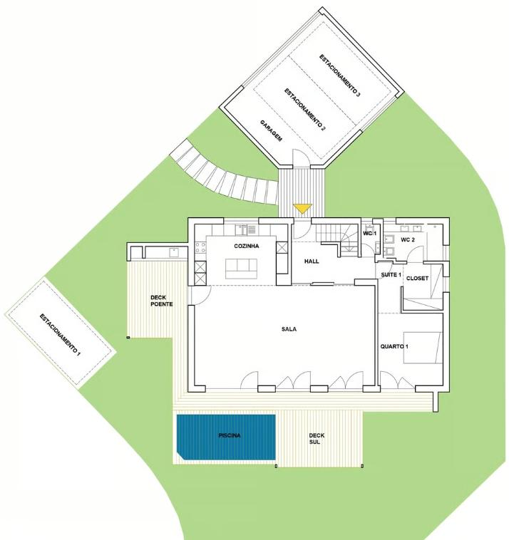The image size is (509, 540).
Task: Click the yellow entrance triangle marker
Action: point(302,208)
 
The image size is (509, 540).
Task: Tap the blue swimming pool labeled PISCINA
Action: point(226,437)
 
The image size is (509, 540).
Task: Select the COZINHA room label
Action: point(247,246)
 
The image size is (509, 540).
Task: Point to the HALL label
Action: point(312,261)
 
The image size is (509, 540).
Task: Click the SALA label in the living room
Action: point(289,329)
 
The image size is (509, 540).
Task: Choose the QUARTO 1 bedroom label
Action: point(394,346)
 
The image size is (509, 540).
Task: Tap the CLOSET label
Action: point(417,279)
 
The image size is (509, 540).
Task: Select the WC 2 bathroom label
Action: point(408,239)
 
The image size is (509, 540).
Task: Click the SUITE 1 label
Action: point(391,275)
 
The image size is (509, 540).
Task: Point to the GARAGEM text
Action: point(271,131)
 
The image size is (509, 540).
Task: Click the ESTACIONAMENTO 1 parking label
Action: point(60,335)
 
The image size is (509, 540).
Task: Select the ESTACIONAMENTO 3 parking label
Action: point(339,76)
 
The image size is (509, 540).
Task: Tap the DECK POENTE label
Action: point(162,301)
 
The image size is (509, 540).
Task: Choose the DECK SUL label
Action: point(317,438)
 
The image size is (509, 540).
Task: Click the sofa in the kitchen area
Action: point(241,269)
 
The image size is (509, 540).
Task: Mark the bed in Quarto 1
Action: point(423,348)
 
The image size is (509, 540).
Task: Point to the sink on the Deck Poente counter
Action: point(174,252)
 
